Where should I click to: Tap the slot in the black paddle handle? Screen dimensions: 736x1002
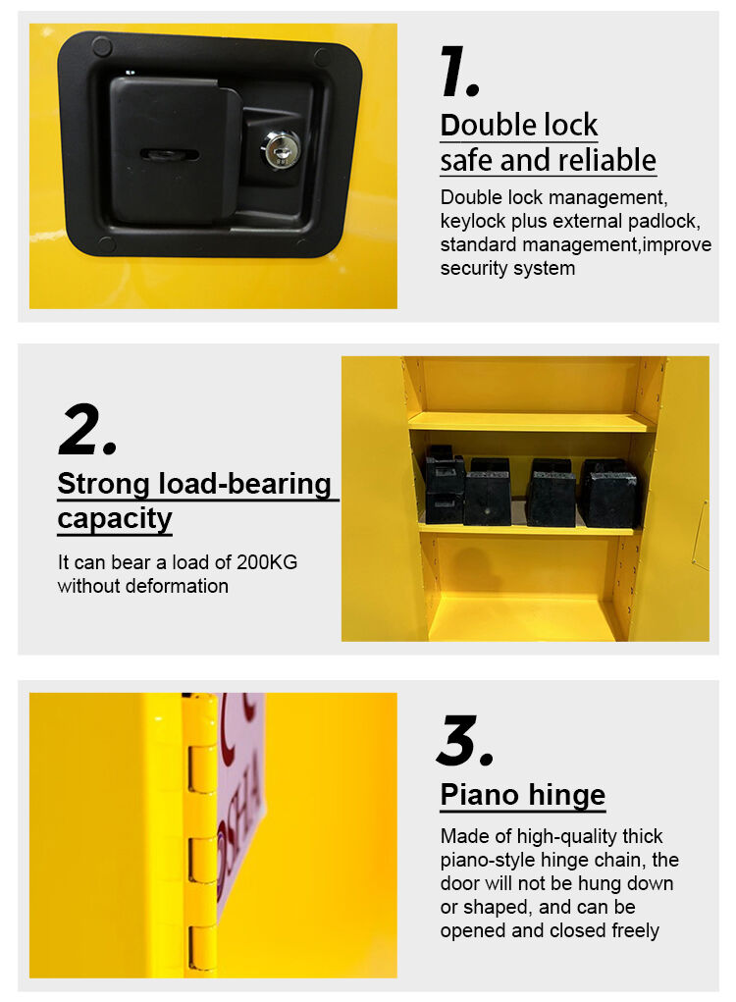169,154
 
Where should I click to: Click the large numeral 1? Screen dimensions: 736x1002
459,72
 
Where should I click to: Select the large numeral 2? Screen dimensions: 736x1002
87,430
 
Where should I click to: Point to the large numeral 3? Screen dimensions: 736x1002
464,740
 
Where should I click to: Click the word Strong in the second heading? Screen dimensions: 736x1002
103,485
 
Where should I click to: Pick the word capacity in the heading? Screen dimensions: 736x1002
115,519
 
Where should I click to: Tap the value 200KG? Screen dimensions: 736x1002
267,562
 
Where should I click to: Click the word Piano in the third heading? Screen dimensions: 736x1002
479,795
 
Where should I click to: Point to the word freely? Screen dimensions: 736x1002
635,930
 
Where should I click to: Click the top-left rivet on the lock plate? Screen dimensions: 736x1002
101,46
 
